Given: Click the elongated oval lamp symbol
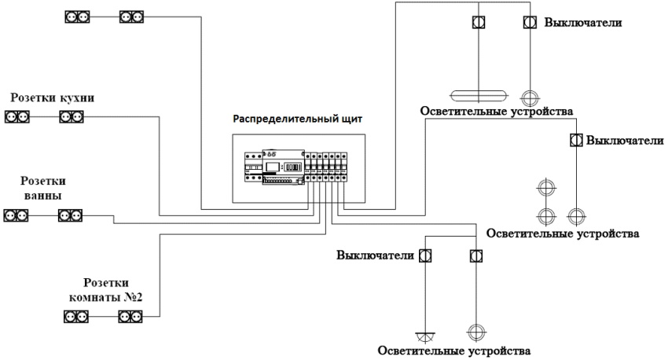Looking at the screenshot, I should pos(479,95).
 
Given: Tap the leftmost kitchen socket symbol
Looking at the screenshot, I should pos(17,117).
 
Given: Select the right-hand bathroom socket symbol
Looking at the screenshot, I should pos(70,214).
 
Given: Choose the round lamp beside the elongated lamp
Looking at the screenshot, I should pos(530,96).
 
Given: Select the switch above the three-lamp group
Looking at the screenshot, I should pos(576,140).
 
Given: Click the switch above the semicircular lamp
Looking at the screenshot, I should pos(424,256).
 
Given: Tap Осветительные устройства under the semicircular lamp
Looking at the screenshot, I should pos(449,351).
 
